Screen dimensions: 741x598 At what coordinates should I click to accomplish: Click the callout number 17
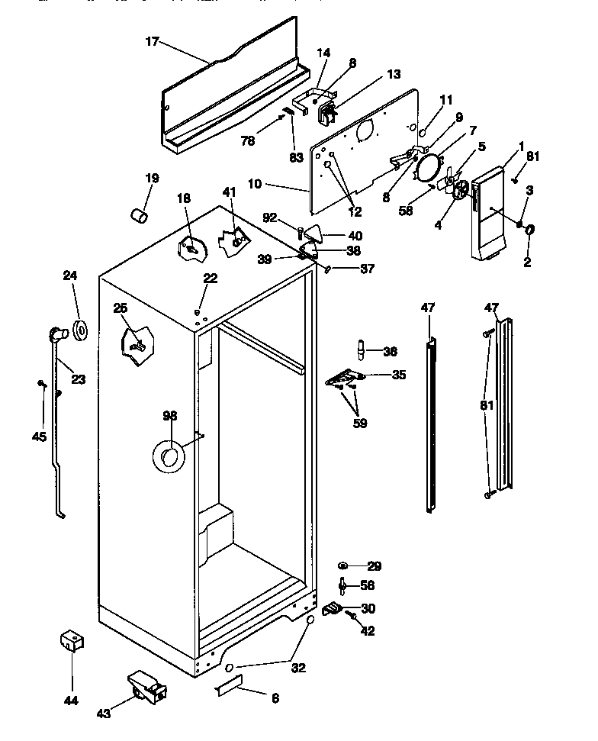[152, 42]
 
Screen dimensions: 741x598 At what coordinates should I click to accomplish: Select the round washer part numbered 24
[80, 330]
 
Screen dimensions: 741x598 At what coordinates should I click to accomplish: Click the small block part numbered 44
[71, 640]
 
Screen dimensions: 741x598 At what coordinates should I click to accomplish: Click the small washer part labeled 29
[344, 566]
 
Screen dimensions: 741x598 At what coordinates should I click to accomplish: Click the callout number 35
[399, 375]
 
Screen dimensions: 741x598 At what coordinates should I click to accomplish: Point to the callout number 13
[394, 74]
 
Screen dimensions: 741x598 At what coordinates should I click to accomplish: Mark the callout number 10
[255, 183]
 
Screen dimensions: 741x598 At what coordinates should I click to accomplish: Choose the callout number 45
[39, 437]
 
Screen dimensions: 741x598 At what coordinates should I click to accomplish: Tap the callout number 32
[298, 667]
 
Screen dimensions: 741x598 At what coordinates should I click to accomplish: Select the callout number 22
[211, 279]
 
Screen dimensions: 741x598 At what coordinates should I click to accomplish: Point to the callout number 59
[360, 423]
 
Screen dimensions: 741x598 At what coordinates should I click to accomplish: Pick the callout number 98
[169, 415]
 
